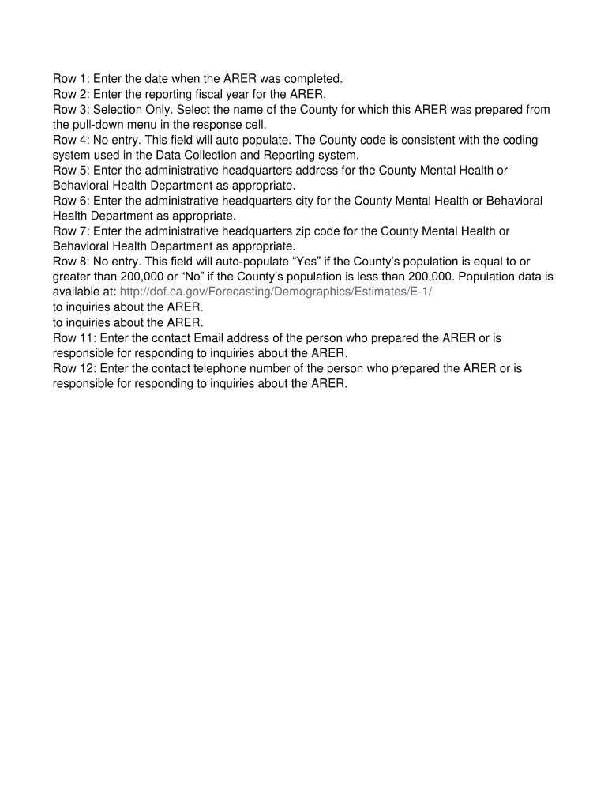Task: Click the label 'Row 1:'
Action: (71, 79)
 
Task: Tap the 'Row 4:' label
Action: (71, 140)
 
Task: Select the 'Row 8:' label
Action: (71, 262)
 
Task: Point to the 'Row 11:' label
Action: (74, 338)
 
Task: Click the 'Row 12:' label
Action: (74, 368)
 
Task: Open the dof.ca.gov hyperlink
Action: (276, 292)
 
